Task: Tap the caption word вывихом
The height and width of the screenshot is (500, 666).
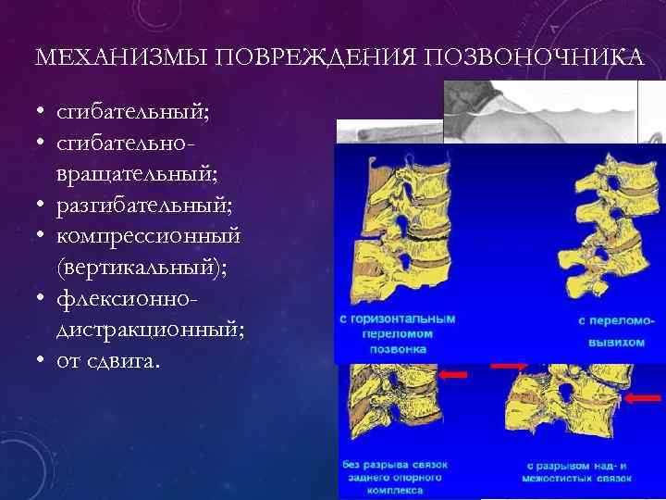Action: pyautogui.click(x=615, y=334)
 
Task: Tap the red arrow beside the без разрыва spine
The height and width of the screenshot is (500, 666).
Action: pyautogui.click(x=452, y=374)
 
